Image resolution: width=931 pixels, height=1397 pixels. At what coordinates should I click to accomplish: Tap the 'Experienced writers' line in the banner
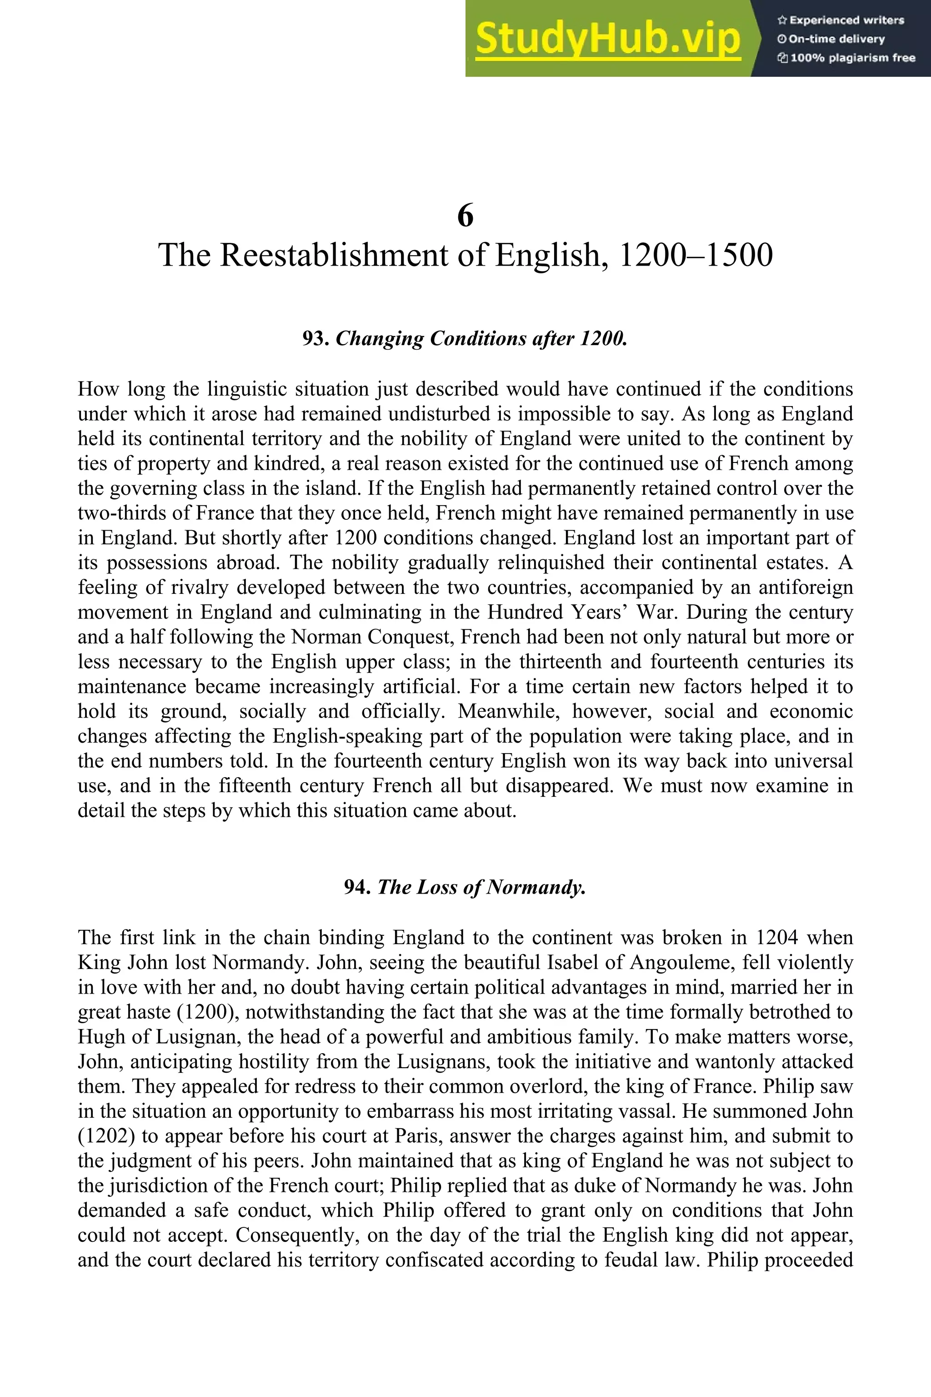[841, 20]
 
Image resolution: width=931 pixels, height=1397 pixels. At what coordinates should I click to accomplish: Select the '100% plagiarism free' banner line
[846, 58]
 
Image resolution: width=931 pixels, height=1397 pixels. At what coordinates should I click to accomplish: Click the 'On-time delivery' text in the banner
[831, 39]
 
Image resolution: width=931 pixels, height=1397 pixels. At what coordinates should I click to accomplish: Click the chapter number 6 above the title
[465, 215]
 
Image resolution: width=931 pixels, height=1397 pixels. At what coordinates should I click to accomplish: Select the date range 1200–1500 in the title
[695, 256]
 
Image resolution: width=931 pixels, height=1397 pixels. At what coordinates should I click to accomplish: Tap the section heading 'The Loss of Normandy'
[481, 887]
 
